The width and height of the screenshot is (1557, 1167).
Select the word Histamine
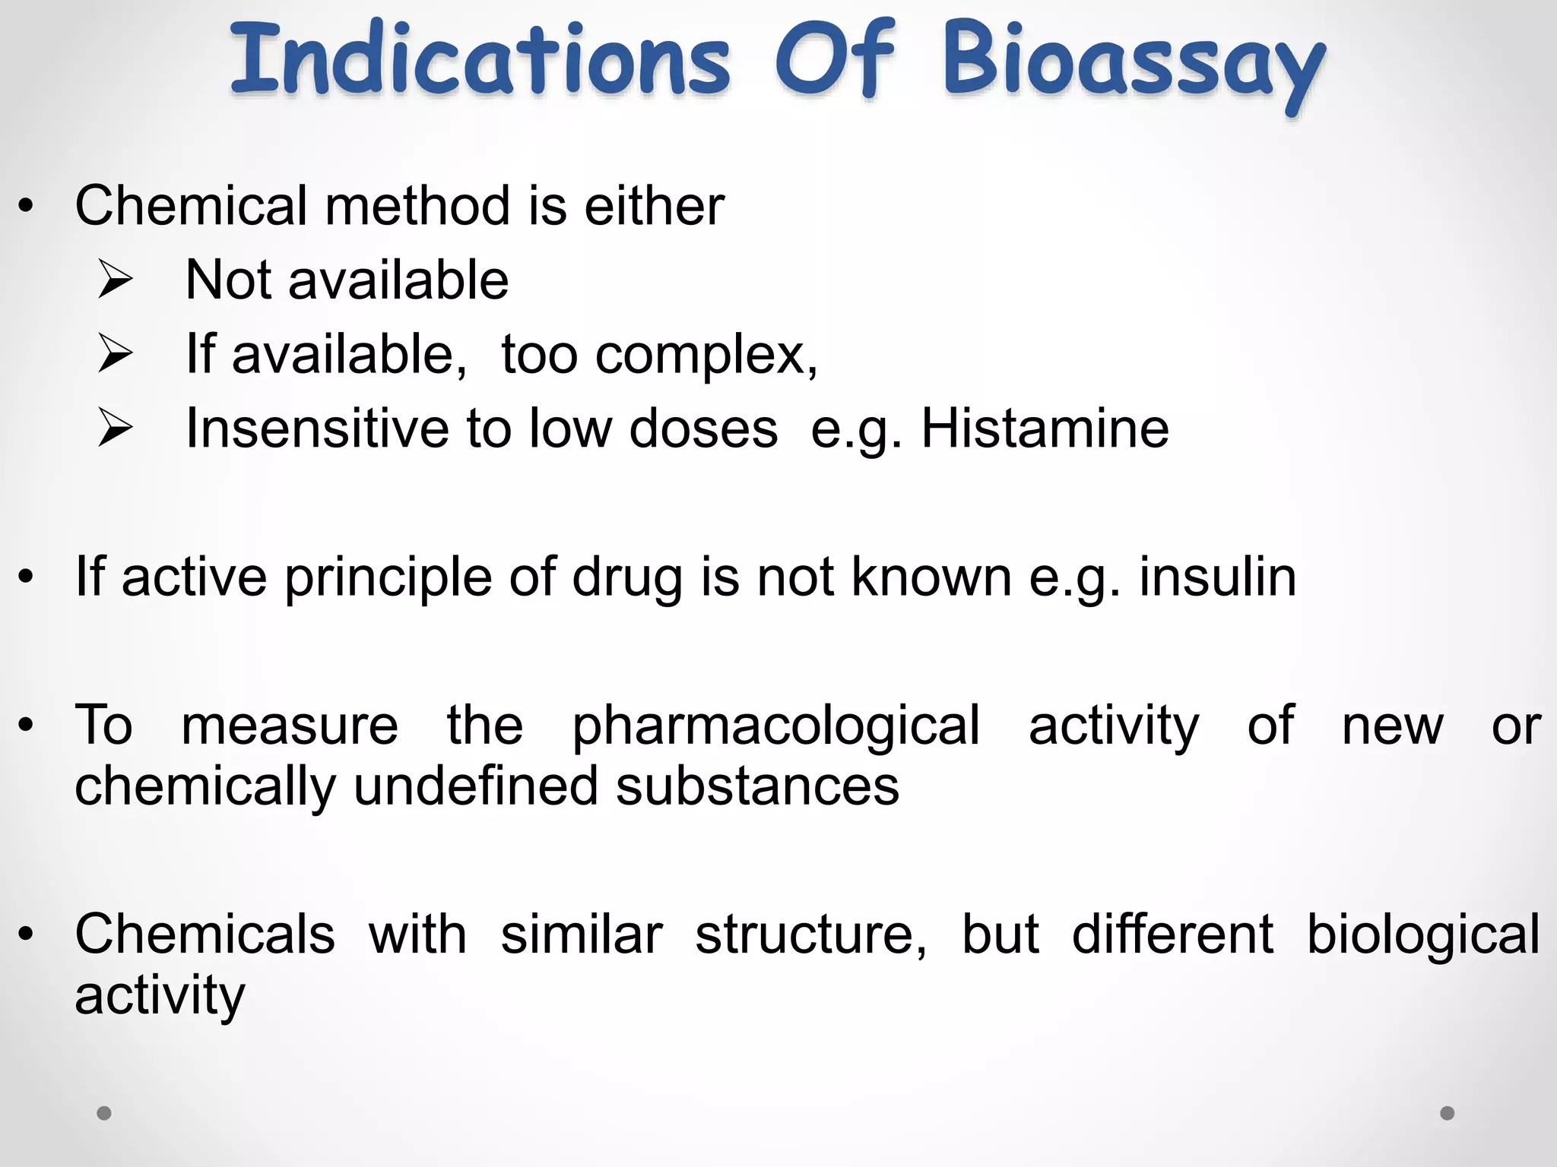pos(1045,429)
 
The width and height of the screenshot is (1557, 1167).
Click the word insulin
pos(1217,577)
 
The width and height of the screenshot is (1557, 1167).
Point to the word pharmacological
pos(775,726)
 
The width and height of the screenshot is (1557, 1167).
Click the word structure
pos(810,934)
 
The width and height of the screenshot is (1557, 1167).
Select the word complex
pos(706,356)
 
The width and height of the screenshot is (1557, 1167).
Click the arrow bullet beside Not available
pos(116,281)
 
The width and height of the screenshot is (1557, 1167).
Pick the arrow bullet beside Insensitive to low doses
pos(116,429)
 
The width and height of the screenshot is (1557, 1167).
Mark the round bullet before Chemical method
pos(27,207)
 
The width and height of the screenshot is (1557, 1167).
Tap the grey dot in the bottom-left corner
pos(104,1113)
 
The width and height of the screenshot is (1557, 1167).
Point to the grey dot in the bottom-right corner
pos(1448,1113)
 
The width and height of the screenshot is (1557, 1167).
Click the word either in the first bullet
pos(654,206)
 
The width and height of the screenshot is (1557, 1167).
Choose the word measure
pos(290,726)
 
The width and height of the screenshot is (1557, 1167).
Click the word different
pos(1172,934)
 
